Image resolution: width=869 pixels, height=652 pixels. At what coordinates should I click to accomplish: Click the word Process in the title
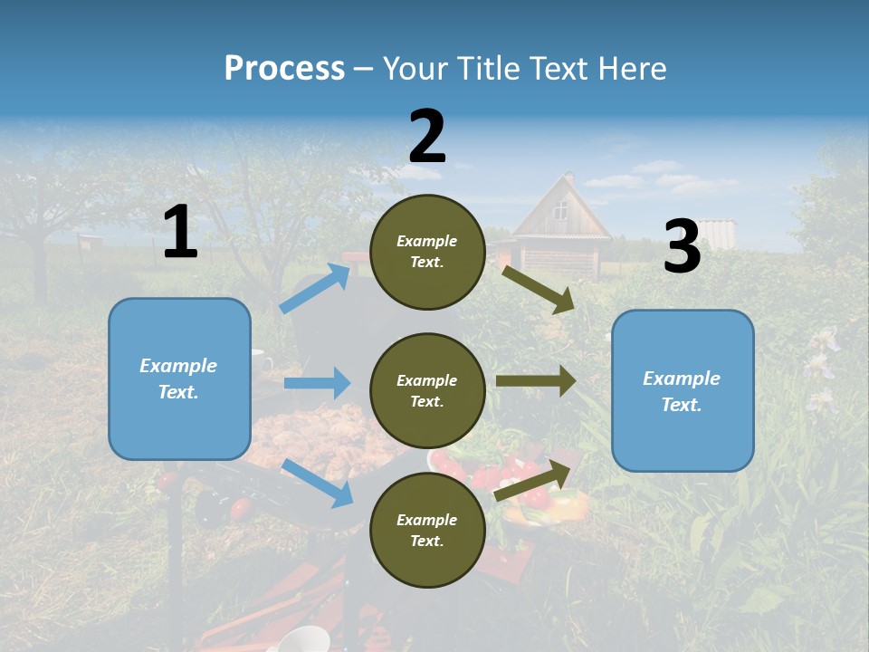(x=284, y=69)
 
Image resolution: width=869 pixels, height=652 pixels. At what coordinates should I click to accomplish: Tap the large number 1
(x=180, y=233)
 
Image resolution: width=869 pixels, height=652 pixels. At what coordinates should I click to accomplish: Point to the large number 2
(x=427, y=137)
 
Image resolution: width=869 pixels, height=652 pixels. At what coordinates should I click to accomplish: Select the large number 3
(x=682, y=247)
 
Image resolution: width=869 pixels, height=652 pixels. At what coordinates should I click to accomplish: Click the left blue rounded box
(x=179, y=379)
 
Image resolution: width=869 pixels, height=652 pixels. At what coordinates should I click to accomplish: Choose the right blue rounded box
(x=683, y=390)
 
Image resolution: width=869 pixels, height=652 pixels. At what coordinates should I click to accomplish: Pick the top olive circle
(x=427, y=252)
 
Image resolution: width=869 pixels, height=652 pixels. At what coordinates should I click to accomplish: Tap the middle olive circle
(x=427, y=391)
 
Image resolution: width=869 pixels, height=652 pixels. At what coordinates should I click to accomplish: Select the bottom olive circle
(x=427, y=531)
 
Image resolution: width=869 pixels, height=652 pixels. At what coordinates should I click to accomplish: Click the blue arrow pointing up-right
(x=315, y=288)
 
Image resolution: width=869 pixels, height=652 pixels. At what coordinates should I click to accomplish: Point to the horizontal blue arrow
(x=317, y=383)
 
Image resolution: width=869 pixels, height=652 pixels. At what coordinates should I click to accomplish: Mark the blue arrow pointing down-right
(x=318, y=483)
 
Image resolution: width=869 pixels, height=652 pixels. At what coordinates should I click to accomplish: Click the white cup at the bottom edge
(x=303, y=638)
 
